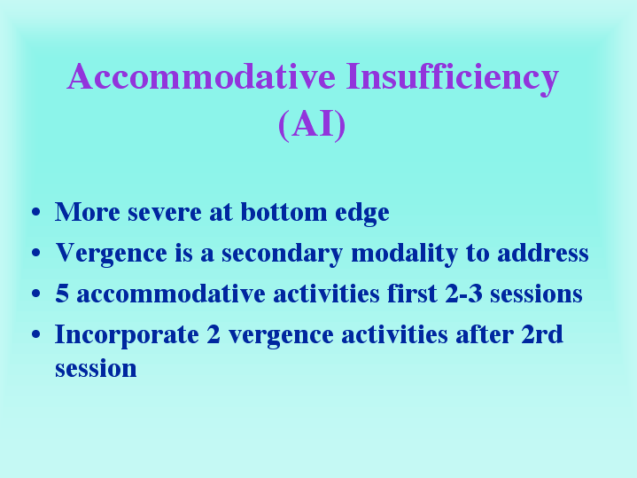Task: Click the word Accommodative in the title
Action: point(201,76)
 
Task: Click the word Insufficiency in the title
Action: point(453,79)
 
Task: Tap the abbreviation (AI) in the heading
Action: point(312,125)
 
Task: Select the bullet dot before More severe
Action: point(36,212)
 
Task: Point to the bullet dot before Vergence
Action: point(36,253)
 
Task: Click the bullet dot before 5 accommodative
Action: point(36,294)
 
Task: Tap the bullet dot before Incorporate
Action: point(36,334)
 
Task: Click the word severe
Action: point(165,213)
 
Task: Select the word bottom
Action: point(284,212)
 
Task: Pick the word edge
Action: point(362,214)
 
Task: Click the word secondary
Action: point(282,254)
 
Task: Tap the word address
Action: point(543,253)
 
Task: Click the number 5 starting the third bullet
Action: point(62,294)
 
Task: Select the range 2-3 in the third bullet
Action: point(463,294)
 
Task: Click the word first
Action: point(412,294)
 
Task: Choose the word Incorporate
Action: point(127,336)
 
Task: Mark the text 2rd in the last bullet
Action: point(542,334)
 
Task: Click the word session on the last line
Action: point(96,369)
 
